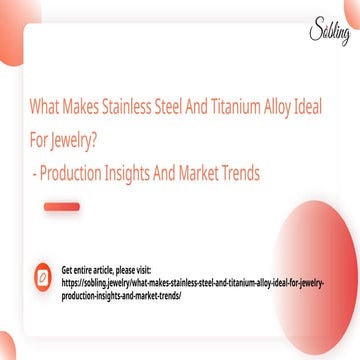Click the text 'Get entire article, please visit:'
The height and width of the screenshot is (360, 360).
click(106, 270)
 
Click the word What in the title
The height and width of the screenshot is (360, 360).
click(47, 108)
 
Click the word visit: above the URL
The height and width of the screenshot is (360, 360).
click(140, 270)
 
